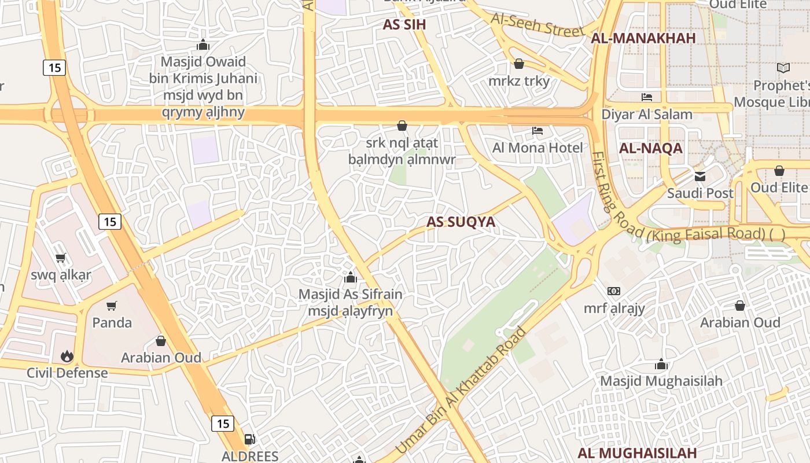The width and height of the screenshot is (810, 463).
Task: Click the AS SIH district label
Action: pyautogui.click(x=404, y=24)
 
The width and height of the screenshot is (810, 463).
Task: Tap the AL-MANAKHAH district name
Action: pyautogui.click(x=643, y=38)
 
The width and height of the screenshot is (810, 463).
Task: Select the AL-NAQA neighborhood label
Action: pyautogui.click(x=651, y=148)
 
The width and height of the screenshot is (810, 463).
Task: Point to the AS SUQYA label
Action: pyautogui.click(x=461, y=222)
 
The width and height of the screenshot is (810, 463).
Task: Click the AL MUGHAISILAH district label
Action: pyautogui.click(x=637, y=453)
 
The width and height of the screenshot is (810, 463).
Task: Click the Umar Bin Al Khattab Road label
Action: pyautogui.click(x=461, y=391)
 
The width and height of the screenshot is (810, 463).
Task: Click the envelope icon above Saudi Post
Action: pyautogui.click(x=700, y=176)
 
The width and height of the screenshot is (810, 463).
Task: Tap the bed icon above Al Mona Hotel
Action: pyautogui.click(x=537, y=131)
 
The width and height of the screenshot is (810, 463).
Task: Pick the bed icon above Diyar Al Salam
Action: pyautogui.click(x=647, y=97)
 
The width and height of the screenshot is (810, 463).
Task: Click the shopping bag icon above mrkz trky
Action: pyautogui.click(x=519, y=64)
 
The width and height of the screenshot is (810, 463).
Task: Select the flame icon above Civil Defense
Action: pyautogui.click(x=67, y=356)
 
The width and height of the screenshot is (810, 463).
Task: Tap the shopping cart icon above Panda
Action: pyautogui.click(x=112, y=306)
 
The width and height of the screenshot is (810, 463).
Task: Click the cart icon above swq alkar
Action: pyautogui.click(x=60, y=258)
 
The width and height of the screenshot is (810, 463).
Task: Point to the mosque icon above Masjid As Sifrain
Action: pyautogui.click(x=350, y=278)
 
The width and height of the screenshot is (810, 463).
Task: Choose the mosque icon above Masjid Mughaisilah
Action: pyautogui.click(x=661, y=364)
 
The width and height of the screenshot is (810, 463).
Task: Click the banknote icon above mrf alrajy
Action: pyautogui.click(x=614, y=291)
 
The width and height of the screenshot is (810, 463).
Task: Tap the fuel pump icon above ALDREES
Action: pyautogui.click(x=250, y=439)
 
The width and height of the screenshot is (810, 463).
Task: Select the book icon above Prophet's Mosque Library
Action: pyautogui.click(x=783, y=68)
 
